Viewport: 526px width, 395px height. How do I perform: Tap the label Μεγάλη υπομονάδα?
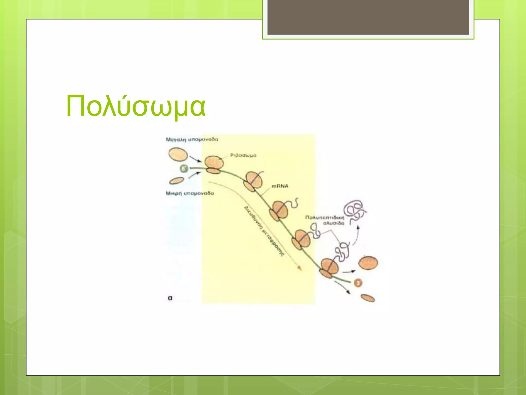pos(192,139)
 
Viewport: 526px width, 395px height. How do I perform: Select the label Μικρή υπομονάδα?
pos(190,193)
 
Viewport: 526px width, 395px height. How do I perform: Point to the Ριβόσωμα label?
pos(243,155)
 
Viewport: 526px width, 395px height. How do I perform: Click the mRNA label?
pos(280,186)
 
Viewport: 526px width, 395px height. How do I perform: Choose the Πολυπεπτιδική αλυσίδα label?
pos(325,220)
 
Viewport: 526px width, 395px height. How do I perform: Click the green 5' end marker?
pos(184,169)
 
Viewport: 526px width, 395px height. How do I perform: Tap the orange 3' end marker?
pos(358,283)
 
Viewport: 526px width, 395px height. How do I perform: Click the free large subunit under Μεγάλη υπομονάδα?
pos(178,154)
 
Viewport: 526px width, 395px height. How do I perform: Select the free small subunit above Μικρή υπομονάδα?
pos(177,181)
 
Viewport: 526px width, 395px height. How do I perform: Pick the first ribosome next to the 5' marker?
pos(214,165)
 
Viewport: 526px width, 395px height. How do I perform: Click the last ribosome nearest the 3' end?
pos(329,268)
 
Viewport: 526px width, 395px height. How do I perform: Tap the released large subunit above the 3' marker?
pos(368,263)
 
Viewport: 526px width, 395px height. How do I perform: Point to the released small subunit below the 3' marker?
pos(368,298)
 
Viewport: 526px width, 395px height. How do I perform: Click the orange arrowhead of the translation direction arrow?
pos(299,268)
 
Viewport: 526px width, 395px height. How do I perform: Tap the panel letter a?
pos(170,298)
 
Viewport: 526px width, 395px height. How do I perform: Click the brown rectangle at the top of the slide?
pos(368,17)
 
